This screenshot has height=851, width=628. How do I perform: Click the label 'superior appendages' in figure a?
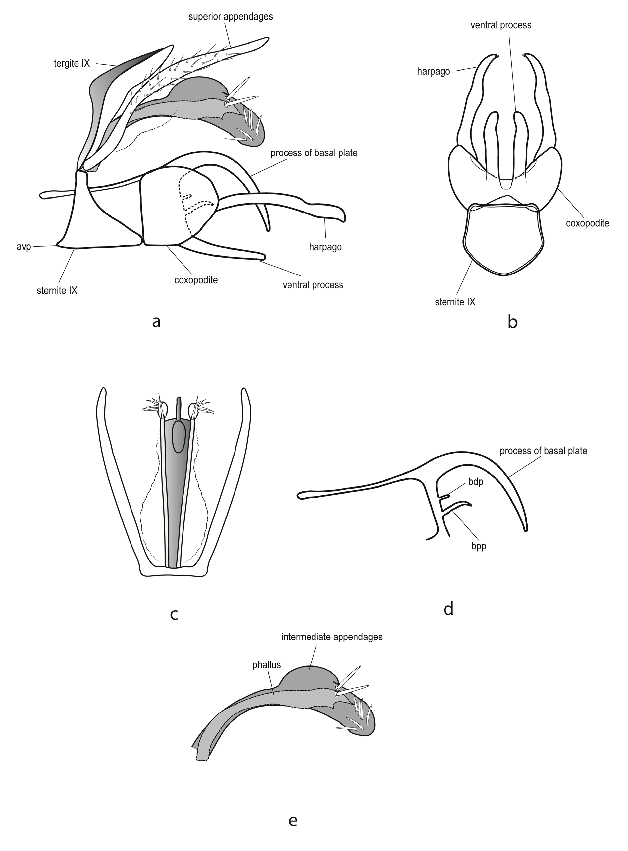click(231, 17)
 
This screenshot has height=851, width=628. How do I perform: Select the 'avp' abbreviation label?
click(24, 247)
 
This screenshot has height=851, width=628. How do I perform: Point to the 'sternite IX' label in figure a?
click(57, 291)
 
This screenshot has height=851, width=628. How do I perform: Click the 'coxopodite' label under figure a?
click(196, 280)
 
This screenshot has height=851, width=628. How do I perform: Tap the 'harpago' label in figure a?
click(325, 247)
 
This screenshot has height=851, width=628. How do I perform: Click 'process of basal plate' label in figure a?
click(314, 153)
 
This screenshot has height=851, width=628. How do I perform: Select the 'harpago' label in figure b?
click(433, 71)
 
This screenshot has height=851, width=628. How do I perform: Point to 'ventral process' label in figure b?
click(501, 25)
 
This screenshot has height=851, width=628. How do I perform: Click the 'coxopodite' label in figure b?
click(587, 223)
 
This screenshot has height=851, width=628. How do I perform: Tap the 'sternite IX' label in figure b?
click(455, 302)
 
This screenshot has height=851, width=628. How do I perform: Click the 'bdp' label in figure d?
click(476, 482)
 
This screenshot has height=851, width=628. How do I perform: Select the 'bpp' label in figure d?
click(479, 546)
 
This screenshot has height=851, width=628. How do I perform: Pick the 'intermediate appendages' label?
click(332, 637)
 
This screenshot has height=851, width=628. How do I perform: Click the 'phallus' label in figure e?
click(267, 665)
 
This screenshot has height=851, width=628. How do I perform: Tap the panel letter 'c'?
click(174, 614)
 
